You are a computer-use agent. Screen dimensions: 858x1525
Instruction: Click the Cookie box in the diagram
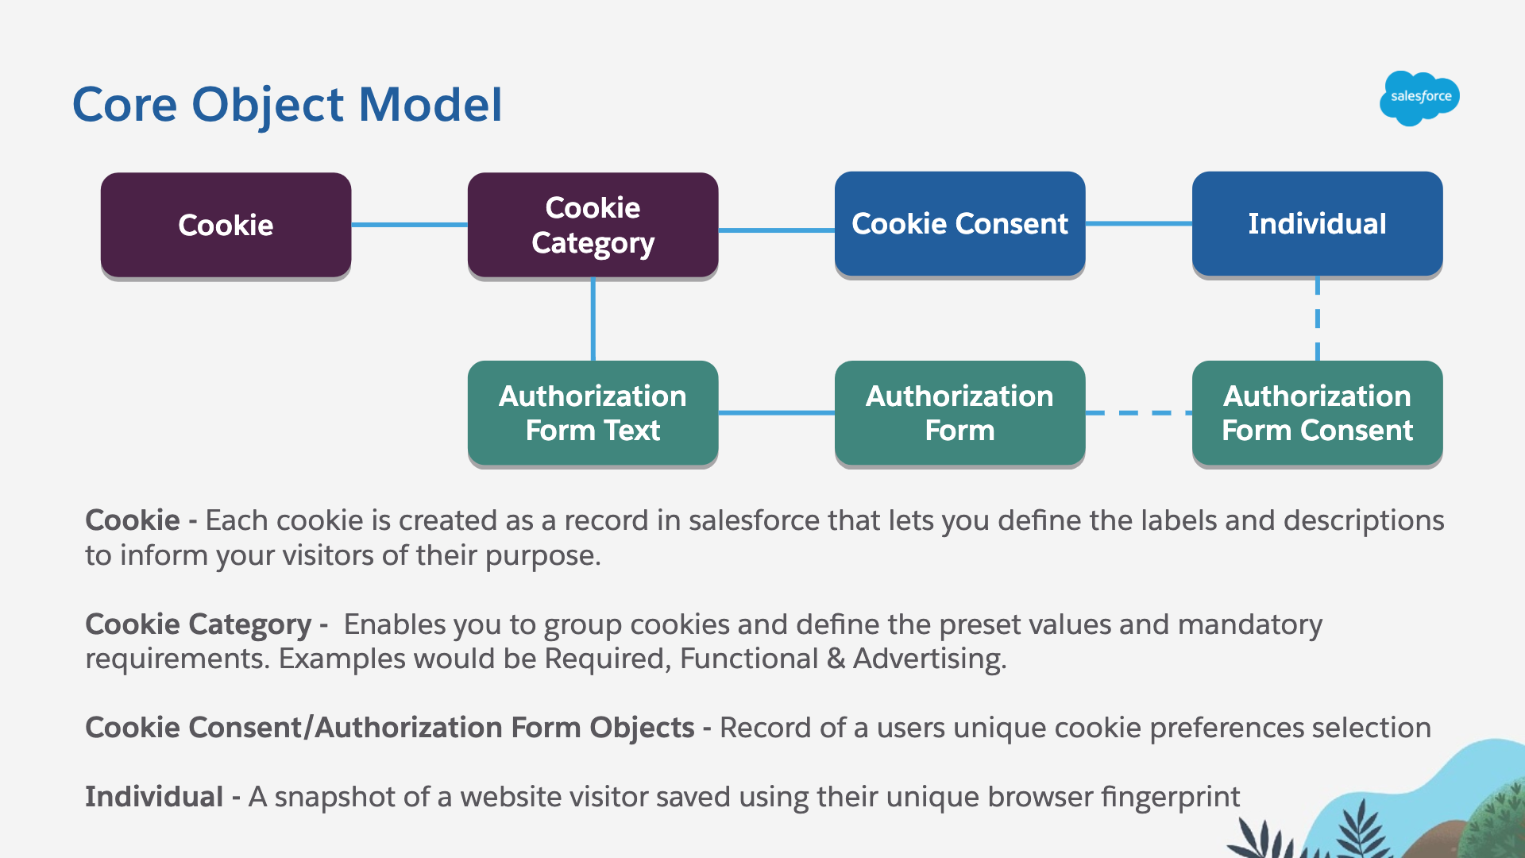coord(226,225)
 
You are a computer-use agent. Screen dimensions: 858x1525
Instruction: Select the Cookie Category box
coord(593,225)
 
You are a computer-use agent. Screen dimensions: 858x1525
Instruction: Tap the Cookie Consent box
coord(959,224)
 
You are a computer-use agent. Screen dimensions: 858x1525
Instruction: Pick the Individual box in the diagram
coord(1317,224)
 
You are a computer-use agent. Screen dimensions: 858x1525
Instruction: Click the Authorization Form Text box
coord(593,413)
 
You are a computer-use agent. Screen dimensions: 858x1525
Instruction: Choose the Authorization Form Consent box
coord(1317,413)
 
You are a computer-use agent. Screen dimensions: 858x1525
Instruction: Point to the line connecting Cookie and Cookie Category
coord(409,225)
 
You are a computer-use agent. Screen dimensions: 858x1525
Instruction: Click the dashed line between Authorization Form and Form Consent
coord(1138,413)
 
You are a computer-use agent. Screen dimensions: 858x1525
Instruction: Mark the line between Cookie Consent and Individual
coord(1138,224)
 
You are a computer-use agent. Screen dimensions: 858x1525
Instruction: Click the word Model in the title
coord(430,104)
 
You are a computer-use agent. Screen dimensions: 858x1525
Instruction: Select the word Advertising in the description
coord(929,659)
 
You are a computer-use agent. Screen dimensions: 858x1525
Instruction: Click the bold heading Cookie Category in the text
coord(198,624)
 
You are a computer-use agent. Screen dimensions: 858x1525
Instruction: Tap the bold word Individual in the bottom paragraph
coord(154,797)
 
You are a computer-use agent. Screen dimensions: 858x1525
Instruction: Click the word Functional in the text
coord(748,659)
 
